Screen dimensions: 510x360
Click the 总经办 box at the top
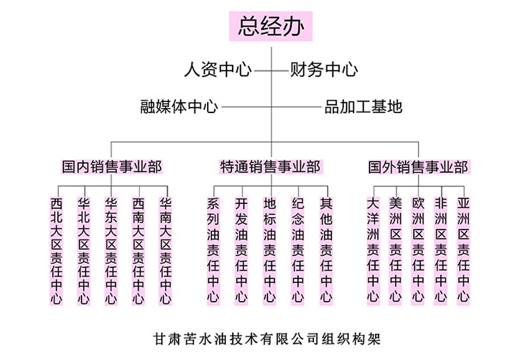pos(271,26)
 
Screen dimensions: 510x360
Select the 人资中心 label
pos(218,70)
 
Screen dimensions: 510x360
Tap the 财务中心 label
pos(324,70)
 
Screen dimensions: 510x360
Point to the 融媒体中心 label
pos(179,107)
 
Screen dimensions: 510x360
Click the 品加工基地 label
pos(363,107)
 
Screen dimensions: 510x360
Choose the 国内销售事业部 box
pos(111,167)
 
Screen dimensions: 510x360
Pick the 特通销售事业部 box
pos(271,167)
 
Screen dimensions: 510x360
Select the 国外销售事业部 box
pos(419,167)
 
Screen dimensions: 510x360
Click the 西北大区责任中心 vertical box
pos(56,251)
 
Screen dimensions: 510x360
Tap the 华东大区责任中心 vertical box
pos(111,251)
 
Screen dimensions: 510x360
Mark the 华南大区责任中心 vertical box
pos(165,251)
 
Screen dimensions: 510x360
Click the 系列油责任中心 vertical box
pos(213,251)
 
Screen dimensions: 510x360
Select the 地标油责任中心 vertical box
pos(270,251)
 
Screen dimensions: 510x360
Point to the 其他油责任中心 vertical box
pos(326,251)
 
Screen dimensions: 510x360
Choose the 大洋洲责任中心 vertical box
pos(373,251)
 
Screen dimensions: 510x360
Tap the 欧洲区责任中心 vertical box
pos(418,251)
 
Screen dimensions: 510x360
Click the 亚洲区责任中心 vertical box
pos(463,251)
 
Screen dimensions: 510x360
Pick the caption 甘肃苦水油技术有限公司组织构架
pos(267,339)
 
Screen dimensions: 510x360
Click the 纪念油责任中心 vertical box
pos(298,251)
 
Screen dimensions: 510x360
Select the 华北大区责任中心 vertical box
pos(83,251)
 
